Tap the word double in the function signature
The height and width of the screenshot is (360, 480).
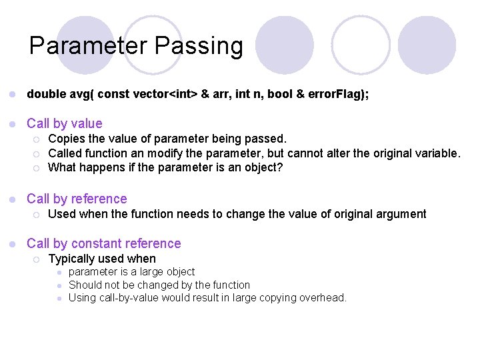point(46,95)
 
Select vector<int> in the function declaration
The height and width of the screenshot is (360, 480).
point(161,95)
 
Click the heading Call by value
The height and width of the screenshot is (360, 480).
point(65,123)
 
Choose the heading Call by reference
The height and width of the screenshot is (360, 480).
point(77,199)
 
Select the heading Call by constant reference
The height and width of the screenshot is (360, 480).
point(104,243)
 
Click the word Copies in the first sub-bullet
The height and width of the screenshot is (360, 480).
point(67,139)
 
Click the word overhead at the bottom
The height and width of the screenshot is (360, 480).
point(322,298)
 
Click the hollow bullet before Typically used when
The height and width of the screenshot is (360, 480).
point(37,259)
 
